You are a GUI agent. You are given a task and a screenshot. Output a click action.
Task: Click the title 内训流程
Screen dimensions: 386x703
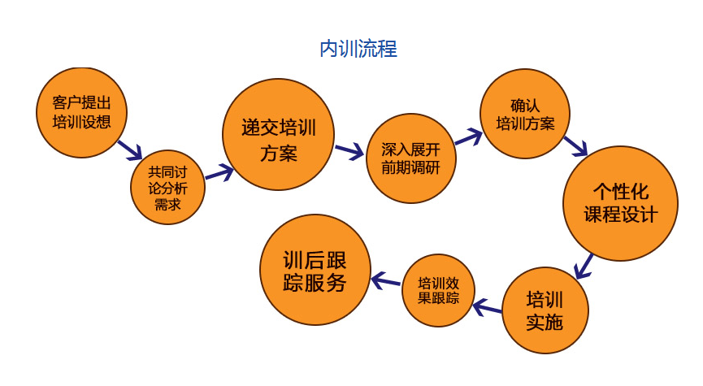pos(358,49)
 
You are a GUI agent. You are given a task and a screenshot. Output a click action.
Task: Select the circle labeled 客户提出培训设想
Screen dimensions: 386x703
pos(81,113)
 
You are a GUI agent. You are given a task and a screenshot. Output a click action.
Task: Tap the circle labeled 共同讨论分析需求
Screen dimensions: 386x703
pos(167,188)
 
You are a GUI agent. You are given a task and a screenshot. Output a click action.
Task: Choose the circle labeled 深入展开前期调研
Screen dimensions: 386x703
pos(411,158)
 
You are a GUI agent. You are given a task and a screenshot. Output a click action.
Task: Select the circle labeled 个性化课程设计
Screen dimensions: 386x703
pos(621,203)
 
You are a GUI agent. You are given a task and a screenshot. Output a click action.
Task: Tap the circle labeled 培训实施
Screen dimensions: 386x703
pos(545,310)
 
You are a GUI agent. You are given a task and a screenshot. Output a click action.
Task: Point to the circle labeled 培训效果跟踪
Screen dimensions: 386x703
pos(439,290)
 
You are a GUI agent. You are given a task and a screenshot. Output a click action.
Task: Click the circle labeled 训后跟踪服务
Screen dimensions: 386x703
pos(315,270)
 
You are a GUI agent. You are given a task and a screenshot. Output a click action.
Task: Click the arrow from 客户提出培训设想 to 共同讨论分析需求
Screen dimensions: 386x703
pos(130,150)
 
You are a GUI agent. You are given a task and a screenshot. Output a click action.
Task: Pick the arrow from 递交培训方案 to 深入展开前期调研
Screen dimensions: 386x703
pos(349,151)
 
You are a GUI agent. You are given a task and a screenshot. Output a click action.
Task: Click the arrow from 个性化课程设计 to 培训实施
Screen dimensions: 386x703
pos(582,266)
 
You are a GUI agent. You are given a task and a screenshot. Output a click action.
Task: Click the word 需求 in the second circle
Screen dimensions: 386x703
pos(167,205)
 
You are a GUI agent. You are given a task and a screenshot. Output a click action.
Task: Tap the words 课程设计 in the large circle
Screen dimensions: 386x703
pos(621,215)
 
